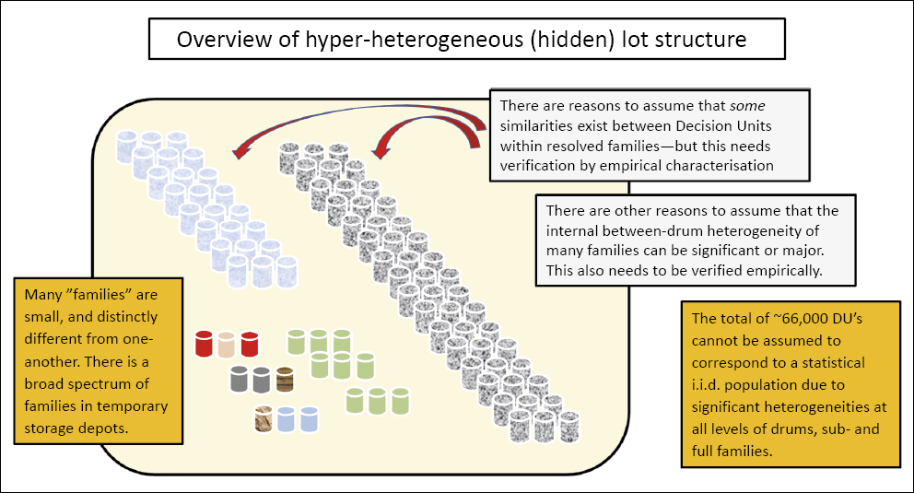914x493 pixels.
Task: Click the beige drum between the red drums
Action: (227, 344)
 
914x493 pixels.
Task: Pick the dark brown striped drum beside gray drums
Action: (284, 379)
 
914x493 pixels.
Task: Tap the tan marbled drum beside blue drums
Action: (265, 419)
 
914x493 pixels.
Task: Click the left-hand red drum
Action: (205, 344)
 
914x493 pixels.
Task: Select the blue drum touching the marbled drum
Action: (287, 419)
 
